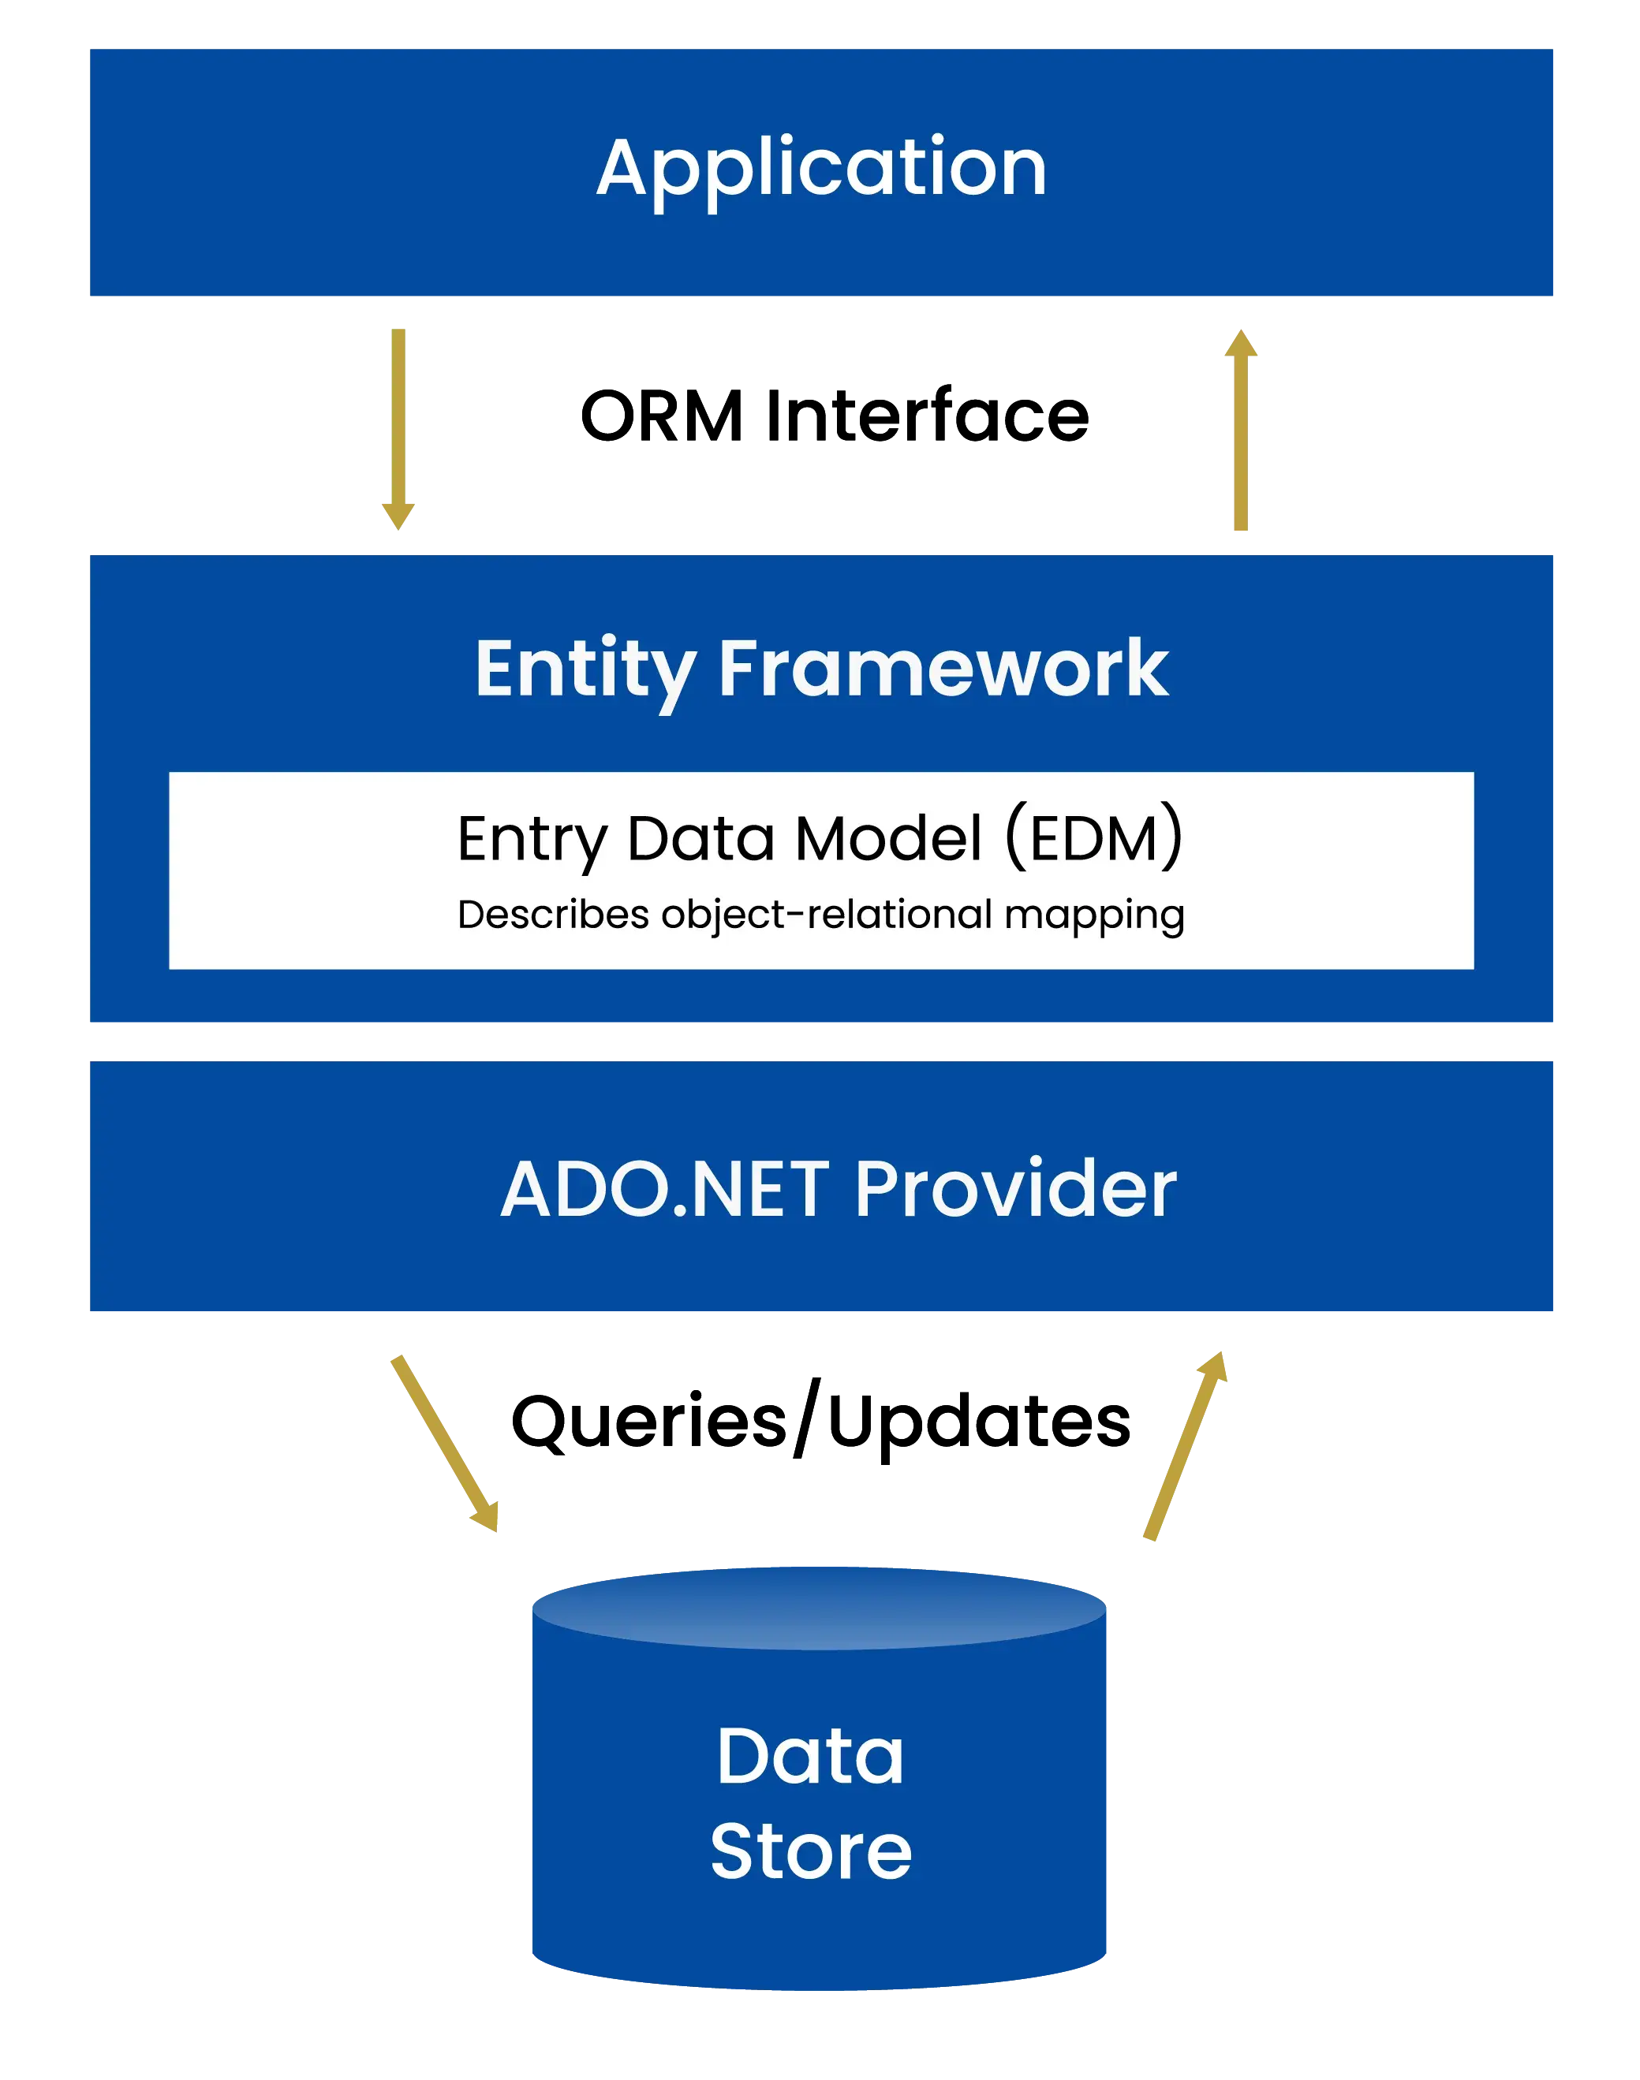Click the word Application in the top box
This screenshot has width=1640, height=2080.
pyautogui.click(x=821, y=169)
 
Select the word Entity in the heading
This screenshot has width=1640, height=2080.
pyautogui.click(x=585, y=669)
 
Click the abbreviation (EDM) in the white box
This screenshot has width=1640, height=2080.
pyautogui.click(x=1093, y=838)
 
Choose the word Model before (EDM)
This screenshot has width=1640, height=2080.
pyautogui.click(x=889, y=838)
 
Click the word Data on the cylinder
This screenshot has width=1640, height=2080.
pyautogui.click(x=810, y=1757)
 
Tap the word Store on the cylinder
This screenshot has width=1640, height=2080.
pyautogui.click(x=810, y=1851)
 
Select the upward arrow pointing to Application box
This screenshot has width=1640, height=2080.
pyautogui.click(x=1241, y=432)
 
